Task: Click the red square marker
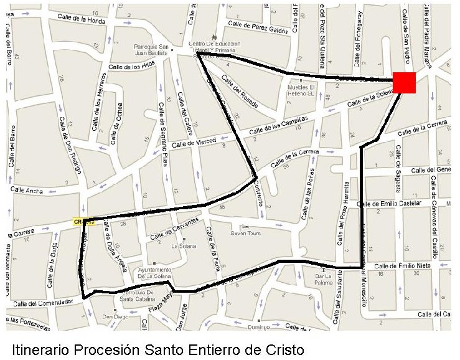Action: pyautogui.click(x=404, y=83)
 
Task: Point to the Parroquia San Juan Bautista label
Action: pyautogui.click(x=152, y=49)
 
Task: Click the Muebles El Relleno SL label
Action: pyautogui.click(x=302, y=90)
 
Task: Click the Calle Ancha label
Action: pyautogui.click(x=26, y=191)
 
